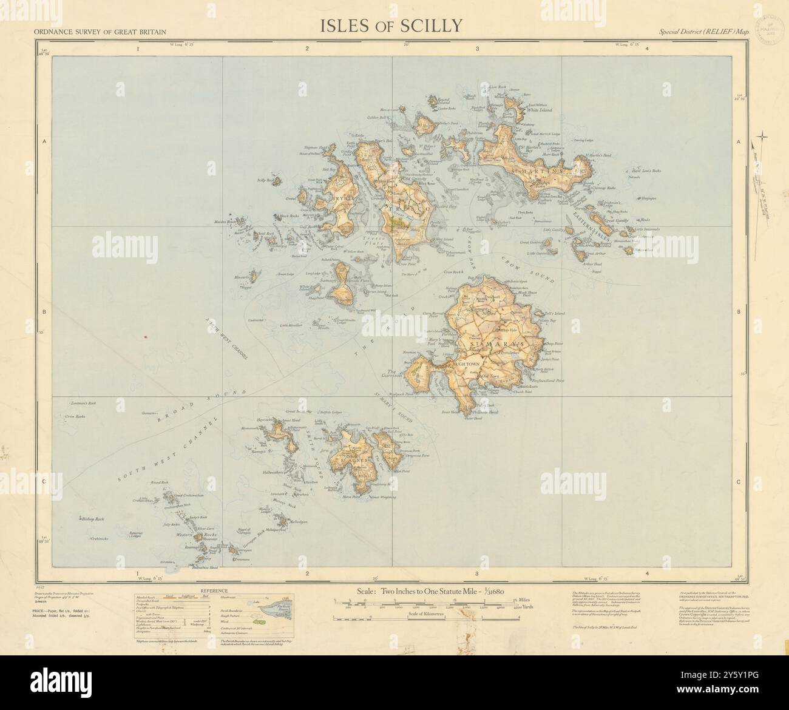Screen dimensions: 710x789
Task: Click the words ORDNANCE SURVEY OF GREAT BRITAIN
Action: coord(101,31)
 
